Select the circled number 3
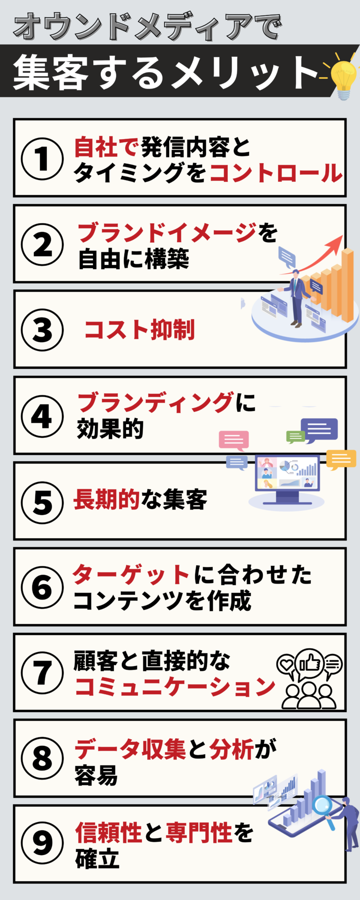(x=42, y=330)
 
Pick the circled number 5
(x=42, y=502)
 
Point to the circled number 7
(x=42, y=673)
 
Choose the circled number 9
(x=42, y=843)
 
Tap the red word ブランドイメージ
(x=168, y=233)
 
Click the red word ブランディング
(x=156, y=403)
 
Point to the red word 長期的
(x=107, y=499)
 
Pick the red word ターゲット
(x=131, y=574)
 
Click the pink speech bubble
(x=233, y=441)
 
